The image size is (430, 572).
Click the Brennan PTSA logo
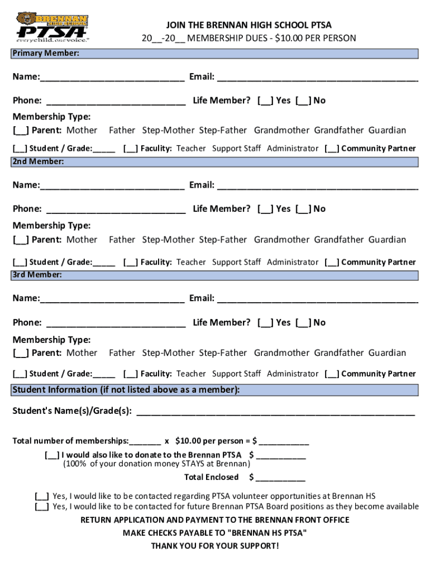point(52,27)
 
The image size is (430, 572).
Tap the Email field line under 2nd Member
point(317,186)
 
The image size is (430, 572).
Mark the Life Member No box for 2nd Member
point(303,209)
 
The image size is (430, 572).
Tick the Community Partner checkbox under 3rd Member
point(332,374)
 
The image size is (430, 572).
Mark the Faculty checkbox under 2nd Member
point(131,263)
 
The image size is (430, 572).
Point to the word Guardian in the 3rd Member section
point(387,353)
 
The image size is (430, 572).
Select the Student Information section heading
point(126,390)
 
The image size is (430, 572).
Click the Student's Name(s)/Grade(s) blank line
point(275,413)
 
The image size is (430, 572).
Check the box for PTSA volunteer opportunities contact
point(41,496)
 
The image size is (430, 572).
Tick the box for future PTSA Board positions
point(41,507)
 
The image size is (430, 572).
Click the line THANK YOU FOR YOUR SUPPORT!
point(214,546)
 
